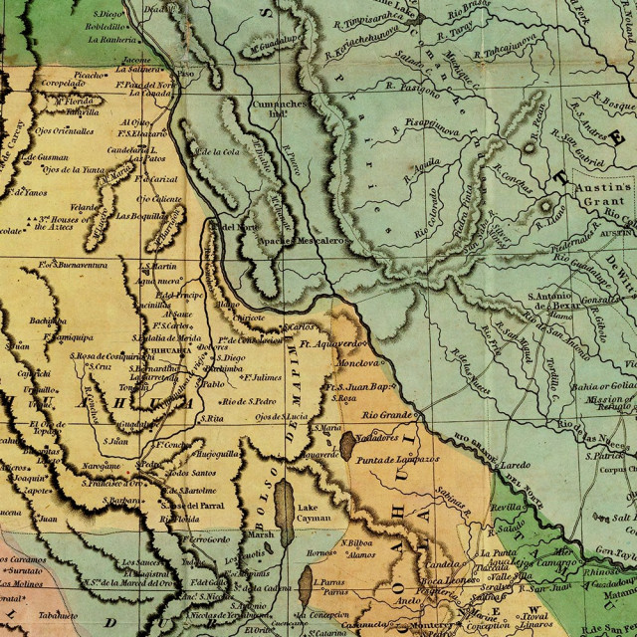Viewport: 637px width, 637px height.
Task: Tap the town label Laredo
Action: [517, 464]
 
